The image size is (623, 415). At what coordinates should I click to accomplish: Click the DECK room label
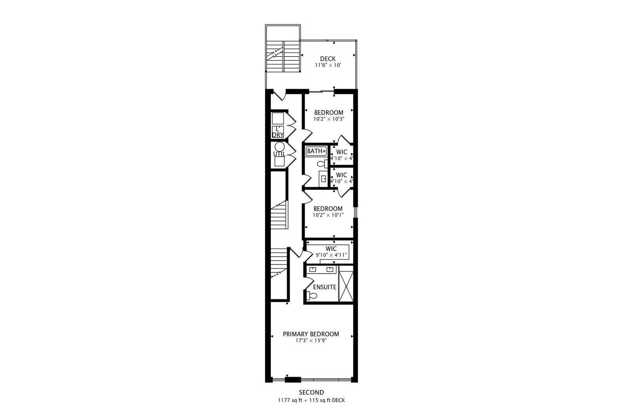pos(328,59)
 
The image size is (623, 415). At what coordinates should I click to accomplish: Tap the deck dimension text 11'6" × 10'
pos(328,65)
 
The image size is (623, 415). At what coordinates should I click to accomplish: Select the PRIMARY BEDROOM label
pos(311,334)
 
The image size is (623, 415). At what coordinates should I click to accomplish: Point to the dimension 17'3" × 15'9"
pos(311,340)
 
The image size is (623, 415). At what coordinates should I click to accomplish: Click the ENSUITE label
pos(325,287)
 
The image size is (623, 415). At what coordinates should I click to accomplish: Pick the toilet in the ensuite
pos(312,295)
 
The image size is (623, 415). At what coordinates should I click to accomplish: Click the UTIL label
pos(279,154)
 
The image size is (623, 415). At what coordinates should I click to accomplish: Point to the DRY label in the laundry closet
pos(278,135)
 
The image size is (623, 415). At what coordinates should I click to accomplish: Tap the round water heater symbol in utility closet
pos(280,147)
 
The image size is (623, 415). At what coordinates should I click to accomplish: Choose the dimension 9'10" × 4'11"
pos(331,255)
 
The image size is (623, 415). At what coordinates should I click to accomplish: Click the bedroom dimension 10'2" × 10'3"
pos(328,119)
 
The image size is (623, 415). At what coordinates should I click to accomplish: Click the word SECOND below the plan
pos(311,392)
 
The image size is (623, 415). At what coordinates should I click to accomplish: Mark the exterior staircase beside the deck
pos(283,56)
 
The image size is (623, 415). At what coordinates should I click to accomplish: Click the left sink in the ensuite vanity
pos(313,269)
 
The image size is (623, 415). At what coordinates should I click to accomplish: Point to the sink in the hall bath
pos(324,179)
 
